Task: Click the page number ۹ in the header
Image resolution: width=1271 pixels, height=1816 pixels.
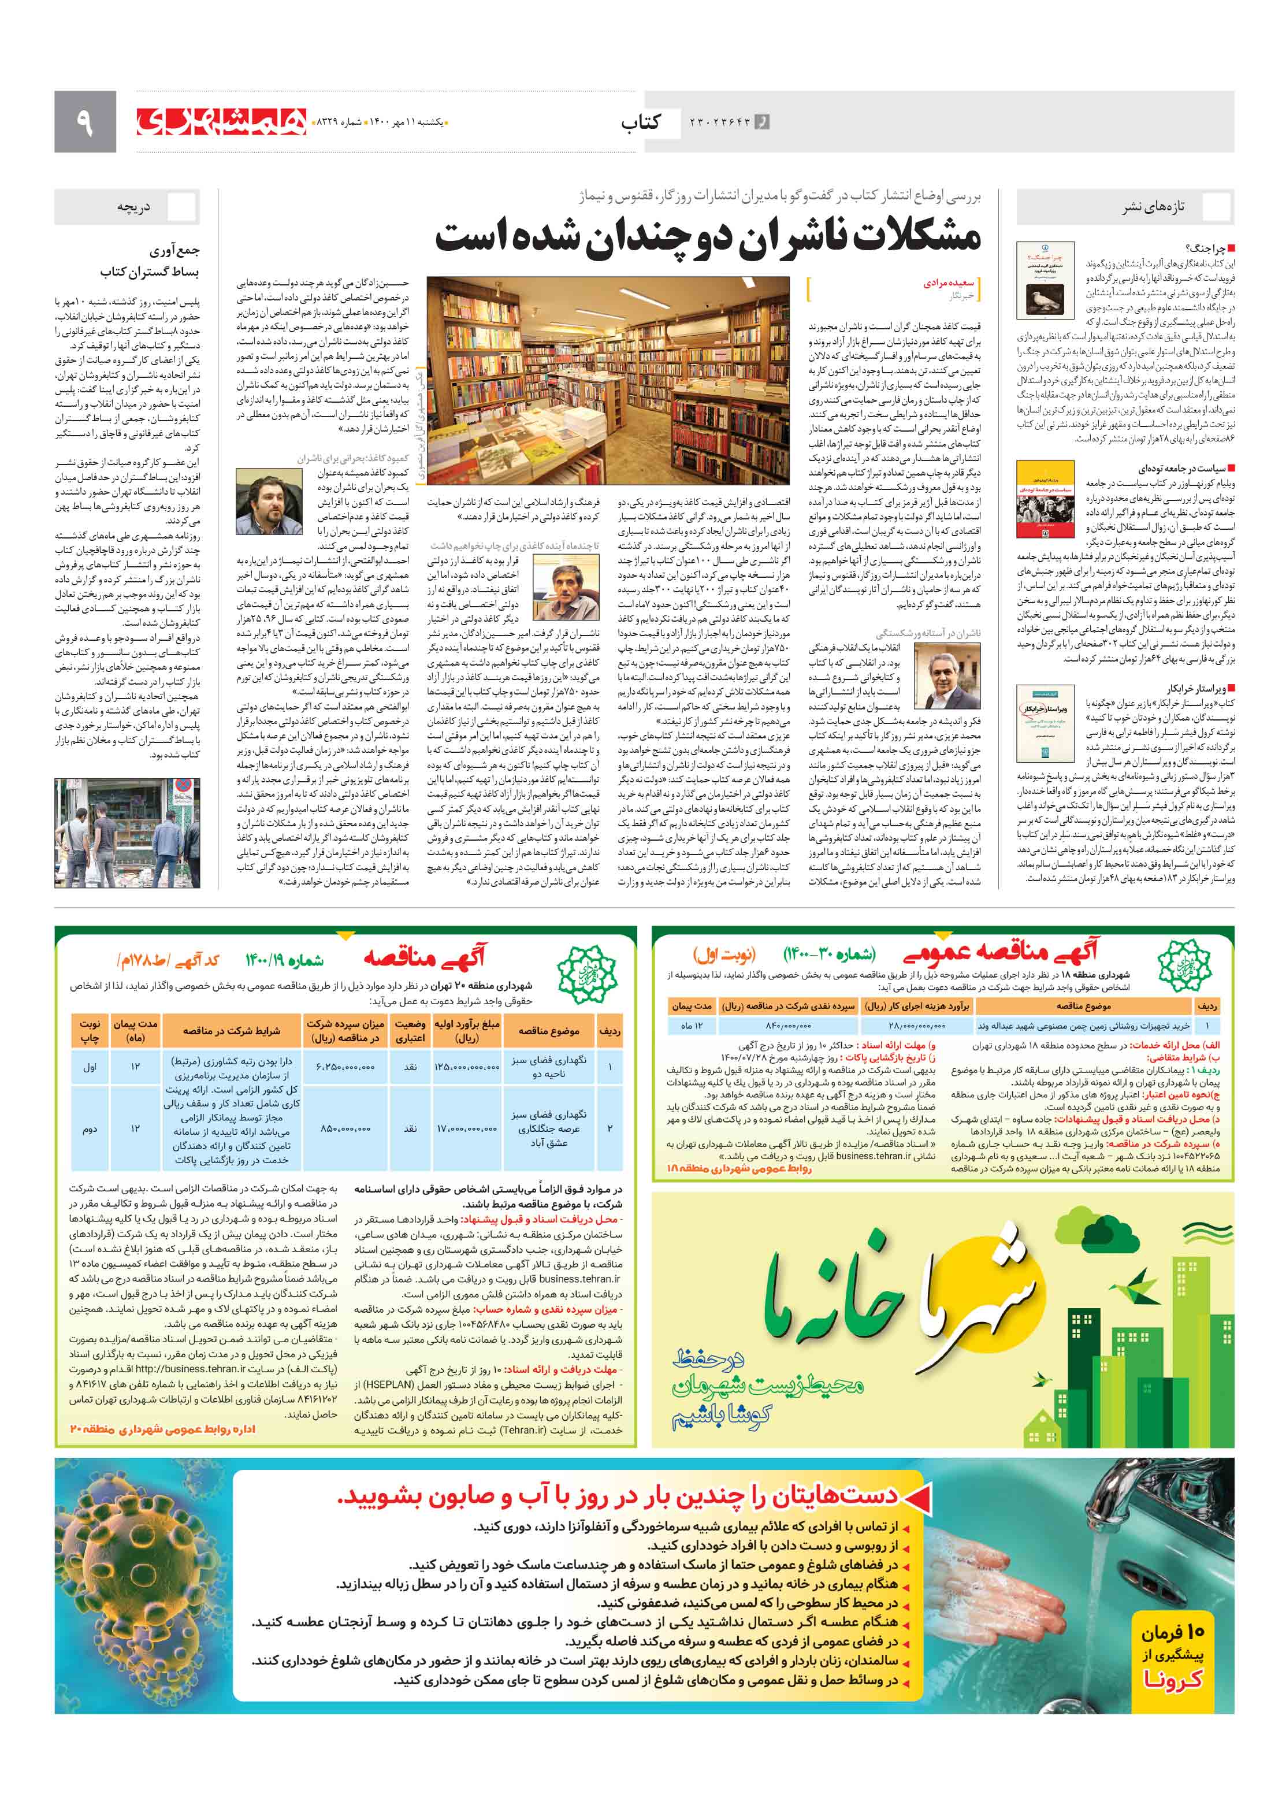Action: (84, 122)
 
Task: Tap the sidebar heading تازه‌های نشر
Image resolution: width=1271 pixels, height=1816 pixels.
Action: (1153, 207)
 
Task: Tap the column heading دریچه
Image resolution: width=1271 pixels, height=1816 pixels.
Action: (133, 207)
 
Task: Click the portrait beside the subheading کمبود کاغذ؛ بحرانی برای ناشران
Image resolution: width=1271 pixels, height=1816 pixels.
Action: (269, 502)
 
